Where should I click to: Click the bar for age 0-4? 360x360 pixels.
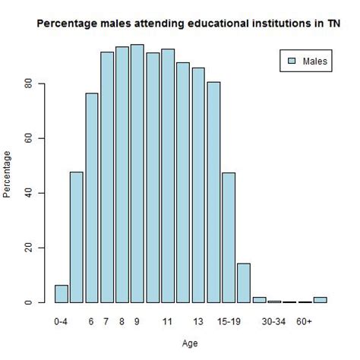coord(62,294)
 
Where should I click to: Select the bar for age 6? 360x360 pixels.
coord(92,197)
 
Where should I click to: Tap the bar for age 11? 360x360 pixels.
coord(168,175)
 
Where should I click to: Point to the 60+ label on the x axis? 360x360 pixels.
coord(305,322)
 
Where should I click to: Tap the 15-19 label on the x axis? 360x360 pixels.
coord(228,322)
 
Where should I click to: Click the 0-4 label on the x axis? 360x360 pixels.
coord(62,322)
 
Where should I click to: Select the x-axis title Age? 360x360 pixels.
coord(191,343)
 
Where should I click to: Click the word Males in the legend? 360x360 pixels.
coord(315,61)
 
